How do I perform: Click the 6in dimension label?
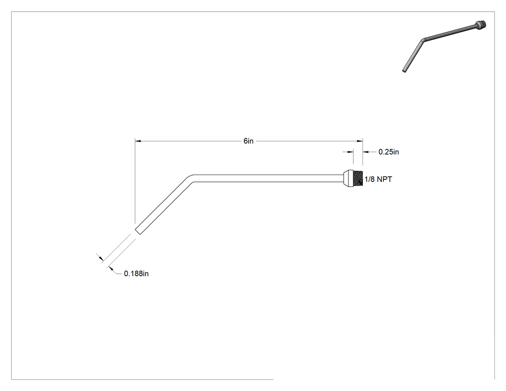point(249,141)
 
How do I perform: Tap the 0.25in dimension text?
point(388,152)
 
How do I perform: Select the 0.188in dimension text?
point(136,273)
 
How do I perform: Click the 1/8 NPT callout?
point(378,179)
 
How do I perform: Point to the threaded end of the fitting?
point(358,178)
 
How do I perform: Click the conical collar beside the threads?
point(348,178)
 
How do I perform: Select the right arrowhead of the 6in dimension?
point(360,141)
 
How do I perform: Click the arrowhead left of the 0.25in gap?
point(350,152)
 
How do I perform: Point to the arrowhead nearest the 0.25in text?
point(366,152)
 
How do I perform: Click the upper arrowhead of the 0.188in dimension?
point(101,258)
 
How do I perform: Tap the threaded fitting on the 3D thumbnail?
point(480,24)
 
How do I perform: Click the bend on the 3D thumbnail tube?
point(423,40)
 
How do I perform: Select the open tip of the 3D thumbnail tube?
point(404,70)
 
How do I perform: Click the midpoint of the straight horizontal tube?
point(268,178)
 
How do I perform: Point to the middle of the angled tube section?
point(163,206)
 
